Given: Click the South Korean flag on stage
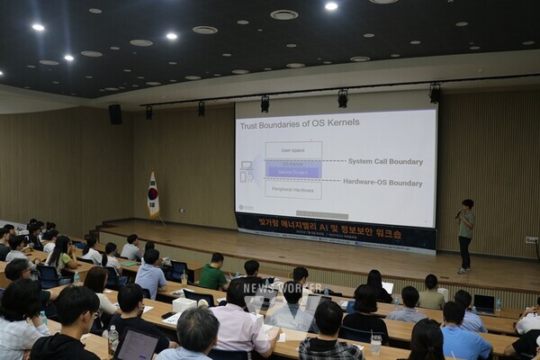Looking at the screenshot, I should tap(153, 195).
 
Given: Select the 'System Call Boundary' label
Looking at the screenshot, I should tap(385, 162).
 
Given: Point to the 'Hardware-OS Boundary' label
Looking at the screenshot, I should tap(382, 183).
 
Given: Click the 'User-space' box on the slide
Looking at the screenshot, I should tap(293, 149).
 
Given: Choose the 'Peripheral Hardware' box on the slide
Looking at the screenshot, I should tap(293, 190).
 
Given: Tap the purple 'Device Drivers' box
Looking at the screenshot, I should tap(293, 169).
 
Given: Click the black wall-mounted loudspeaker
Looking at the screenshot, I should tap(115, 114).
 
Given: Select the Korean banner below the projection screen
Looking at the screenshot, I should tap(335, 231).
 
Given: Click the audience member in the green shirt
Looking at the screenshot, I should tap(213, 273).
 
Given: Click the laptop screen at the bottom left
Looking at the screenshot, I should tap(137, 346).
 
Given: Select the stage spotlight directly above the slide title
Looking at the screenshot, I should tap(265, 103).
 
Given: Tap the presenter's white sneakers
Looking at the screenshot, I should tap(463, 269).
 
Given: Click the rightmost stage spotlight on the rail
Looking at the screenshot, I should tap(435, 93).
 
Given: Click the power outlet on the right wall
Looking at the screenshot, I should tap(531, 240).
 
